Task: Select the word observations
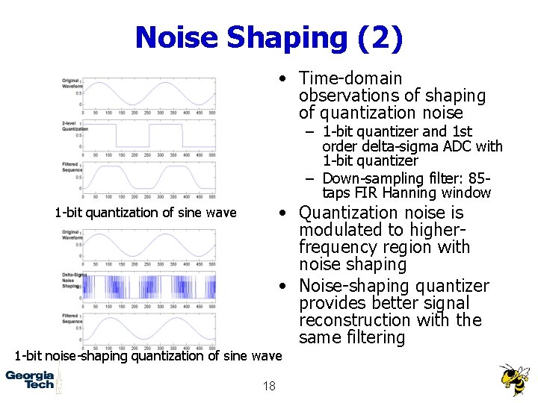348,96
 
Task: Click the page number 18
269,385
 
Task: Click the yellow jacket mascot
513,379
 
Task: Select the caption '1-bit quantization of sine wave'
145,213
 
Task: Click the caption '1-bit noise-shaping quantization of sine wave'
148,355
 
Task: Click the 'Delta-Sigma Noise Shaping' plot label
73,281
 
